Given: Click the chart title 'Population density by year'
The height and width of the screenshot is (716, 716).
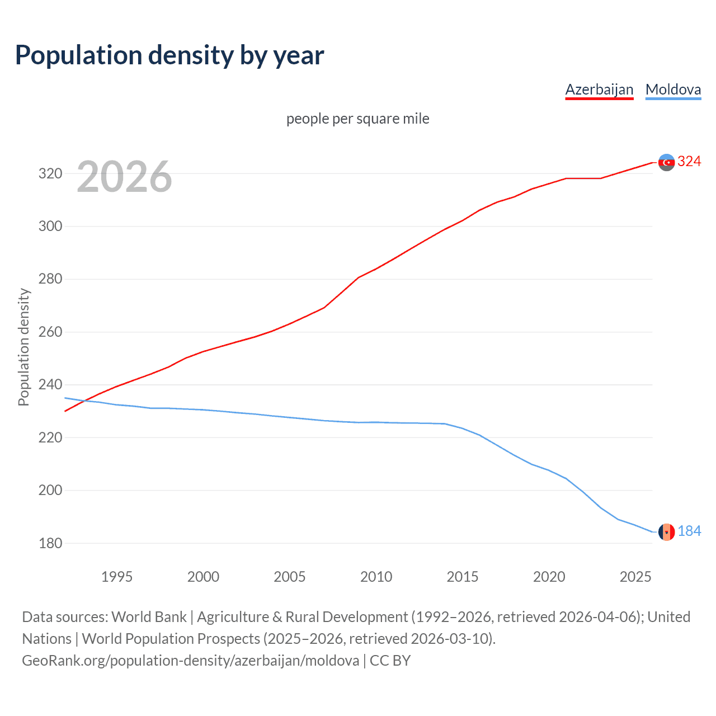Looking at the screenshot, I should [169, 55].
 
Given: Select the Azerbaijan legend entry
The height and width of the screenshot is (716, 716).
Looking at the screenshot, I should [599, 90].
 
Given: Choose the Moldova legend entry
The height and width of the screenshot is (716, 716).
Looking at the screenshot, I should [673, 90].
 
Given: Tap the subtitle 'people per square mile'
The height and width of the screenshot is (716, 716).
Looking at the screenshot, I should [357, 119].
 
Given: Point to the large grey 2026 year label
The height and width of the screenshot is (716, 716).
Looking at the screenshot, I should [124, 177].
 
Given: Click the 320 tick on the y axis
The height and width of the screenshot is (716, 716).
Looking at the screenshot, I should [50, 174].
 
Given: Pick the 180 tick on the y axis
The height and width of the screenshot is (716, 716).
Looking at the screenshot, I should [50, 544].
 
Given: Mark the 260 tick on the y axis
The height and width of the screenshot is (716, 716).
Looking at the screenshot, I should [50, 332].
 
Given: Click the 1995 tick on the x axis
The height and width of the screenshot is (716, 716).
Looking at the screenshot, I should [116, 577].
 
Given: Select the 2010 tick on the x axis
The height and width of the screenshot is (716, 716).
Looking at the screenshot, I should [376, 577].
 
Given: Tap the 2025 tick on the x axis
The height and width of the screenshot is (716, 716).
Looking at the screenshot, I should [635, 577].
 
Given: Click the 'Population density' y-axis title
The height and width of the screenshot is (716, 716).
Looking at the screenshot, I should [23, 347].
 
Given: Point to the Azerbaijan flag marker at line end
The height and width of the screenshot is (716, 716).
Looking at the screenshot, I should [666, 162].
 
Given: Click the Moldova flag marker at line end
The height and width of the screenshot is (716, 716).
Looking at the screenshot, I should [666, 532].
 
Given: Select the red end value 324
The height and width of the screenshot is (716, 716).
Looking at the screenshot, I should [689, 162].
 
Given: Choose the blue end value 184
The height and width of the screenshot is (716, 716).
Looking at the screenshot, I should [689, 531].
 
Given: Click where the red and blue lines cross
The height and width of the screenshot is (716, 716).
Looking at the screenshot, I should [84, 401].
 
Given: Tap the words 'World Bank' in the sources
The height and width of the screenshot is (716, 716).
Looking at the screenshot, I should [149, 617].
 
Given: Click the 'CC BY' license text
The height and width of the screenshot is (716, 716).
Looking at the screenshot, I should [390, 661].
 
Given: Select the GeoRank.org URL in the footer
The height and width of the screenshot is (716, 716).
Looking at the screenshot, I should [190, 661].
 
